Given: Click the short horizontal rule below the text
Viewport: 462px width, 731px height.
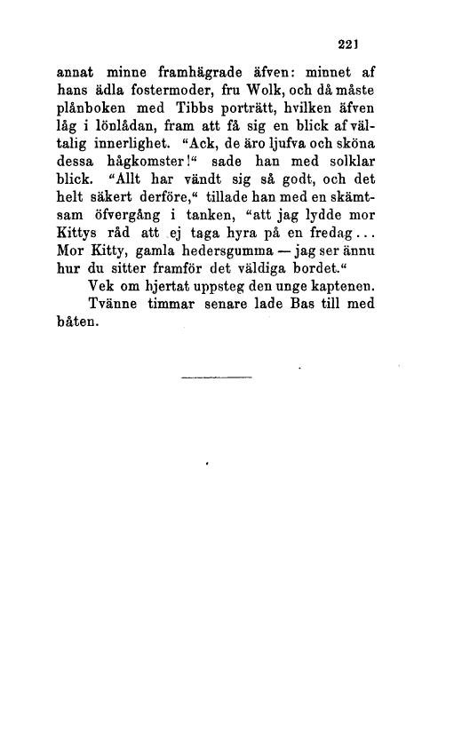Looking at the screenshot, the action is tap(217, 379).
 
